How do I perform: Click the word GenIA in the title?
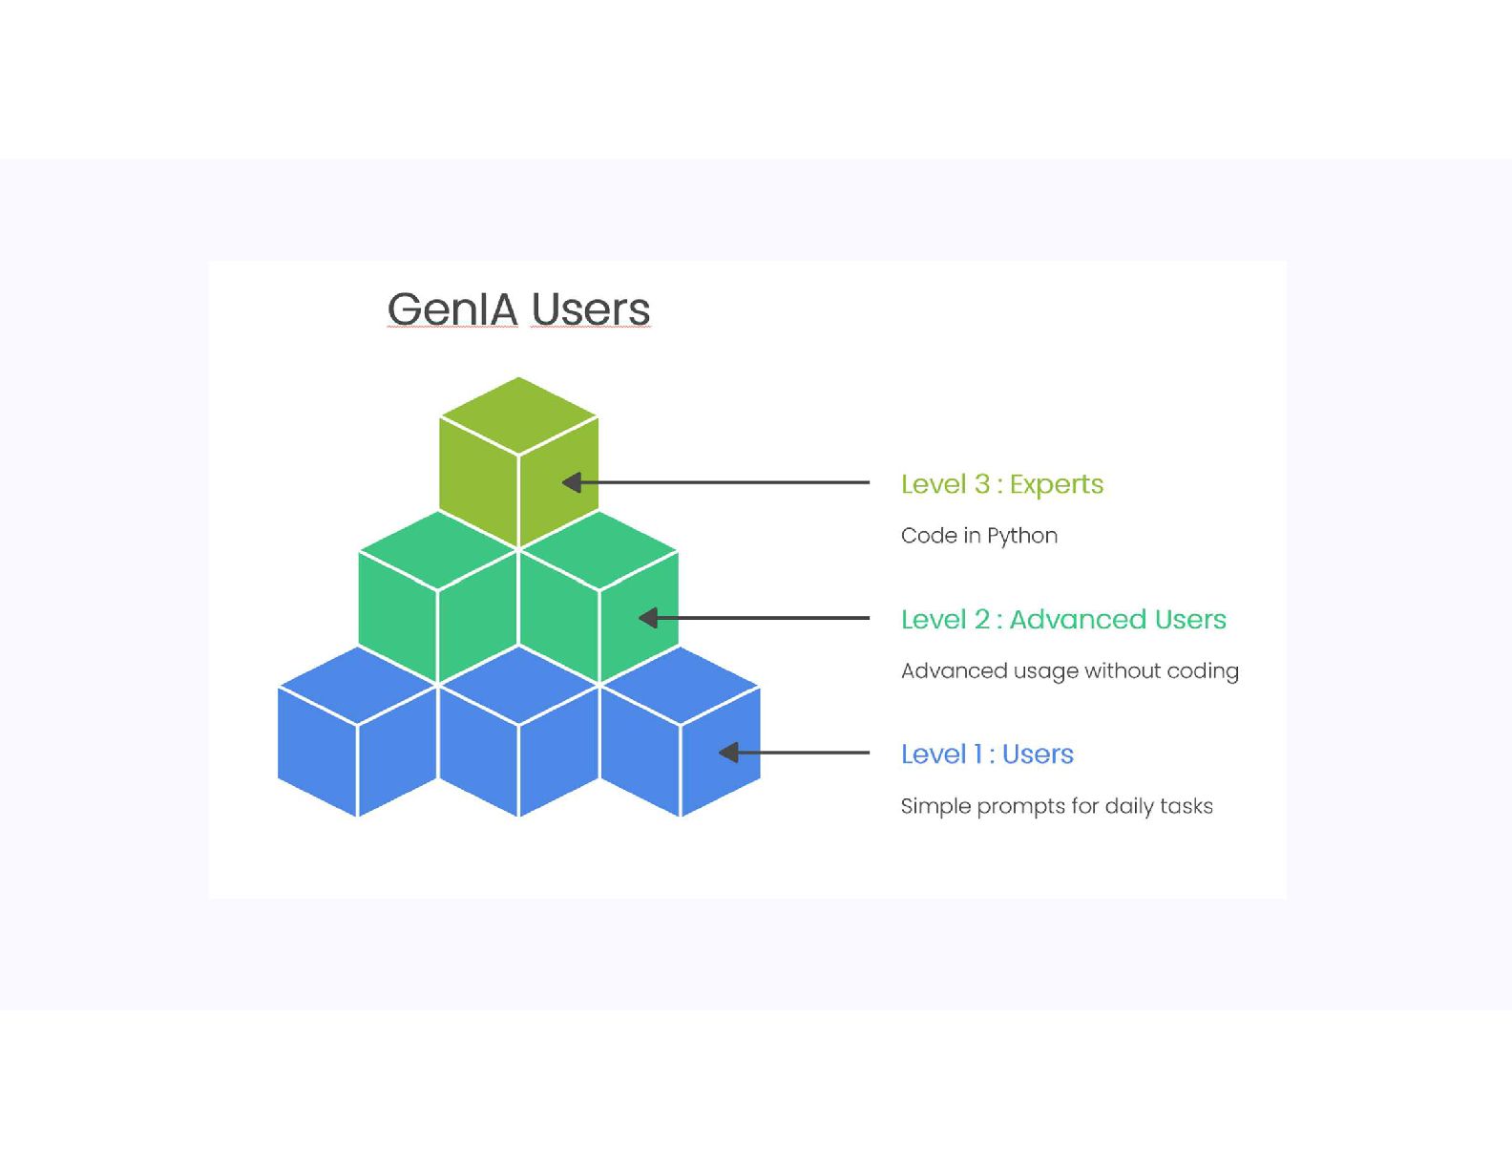coord(452,309)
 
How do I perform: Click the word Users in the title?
coord(590,309)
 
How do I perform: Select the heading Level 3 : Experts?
coord(1001,484)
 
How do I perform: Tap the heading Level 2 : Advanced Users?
coord(1062,620)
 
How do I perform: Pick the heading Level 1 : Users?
coord(987,755)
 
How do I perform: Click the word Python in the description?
coord(1022,536)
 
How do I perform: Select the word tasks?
coord(1187,806)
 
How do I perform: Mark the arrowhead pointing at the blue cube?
coord(728,754)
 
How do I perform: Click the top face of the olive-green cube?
coord(518,415)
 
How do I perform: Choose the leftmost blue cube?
coord(357,735)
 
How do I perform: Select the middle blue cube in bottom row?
coord(518,735)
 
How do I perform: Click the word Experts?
coord(1056,484)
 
